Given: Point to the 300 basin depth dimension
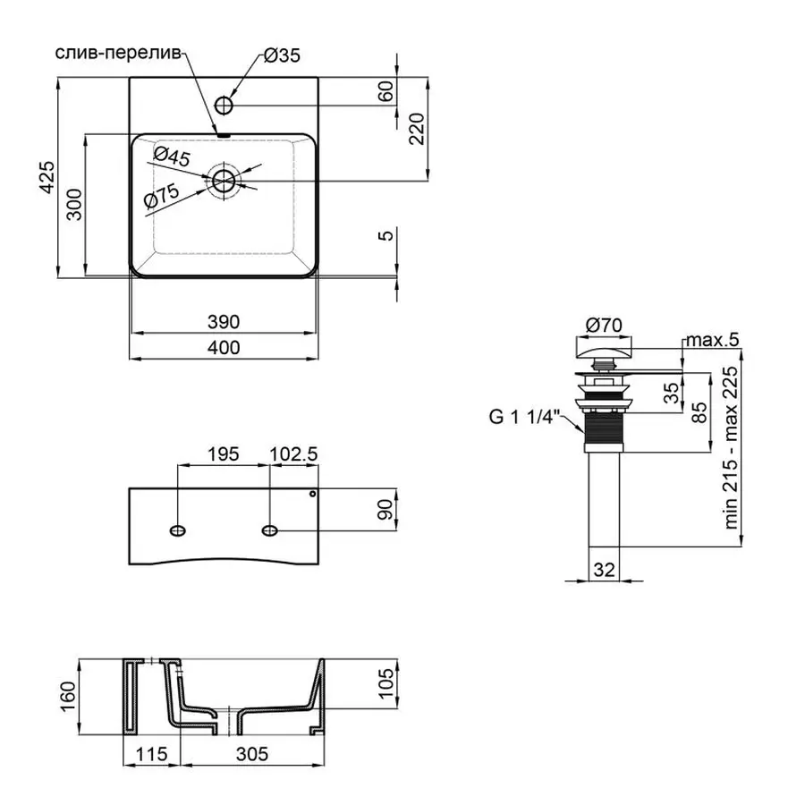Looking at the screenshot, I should (x=74, y=206).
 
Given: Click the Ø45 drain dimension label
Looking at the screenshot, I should (x=171, y=159).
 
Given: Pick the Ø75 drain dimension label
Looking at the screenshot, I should (x=162, y=196).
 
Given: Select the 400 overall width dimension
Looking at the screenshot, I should (x=223, y=348).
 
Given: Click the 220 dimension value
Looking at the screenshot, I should (x=418, y=133).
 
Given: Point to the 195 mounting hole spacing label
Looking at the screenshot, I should (x=222, y=454).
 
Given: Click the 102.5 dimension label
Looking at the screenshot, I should (x=294, y=454).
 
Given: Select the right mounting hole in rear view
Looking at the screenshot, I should (x=270, y=531).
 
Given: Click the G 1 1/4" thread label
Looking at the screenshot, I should (x=524, y=415).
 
